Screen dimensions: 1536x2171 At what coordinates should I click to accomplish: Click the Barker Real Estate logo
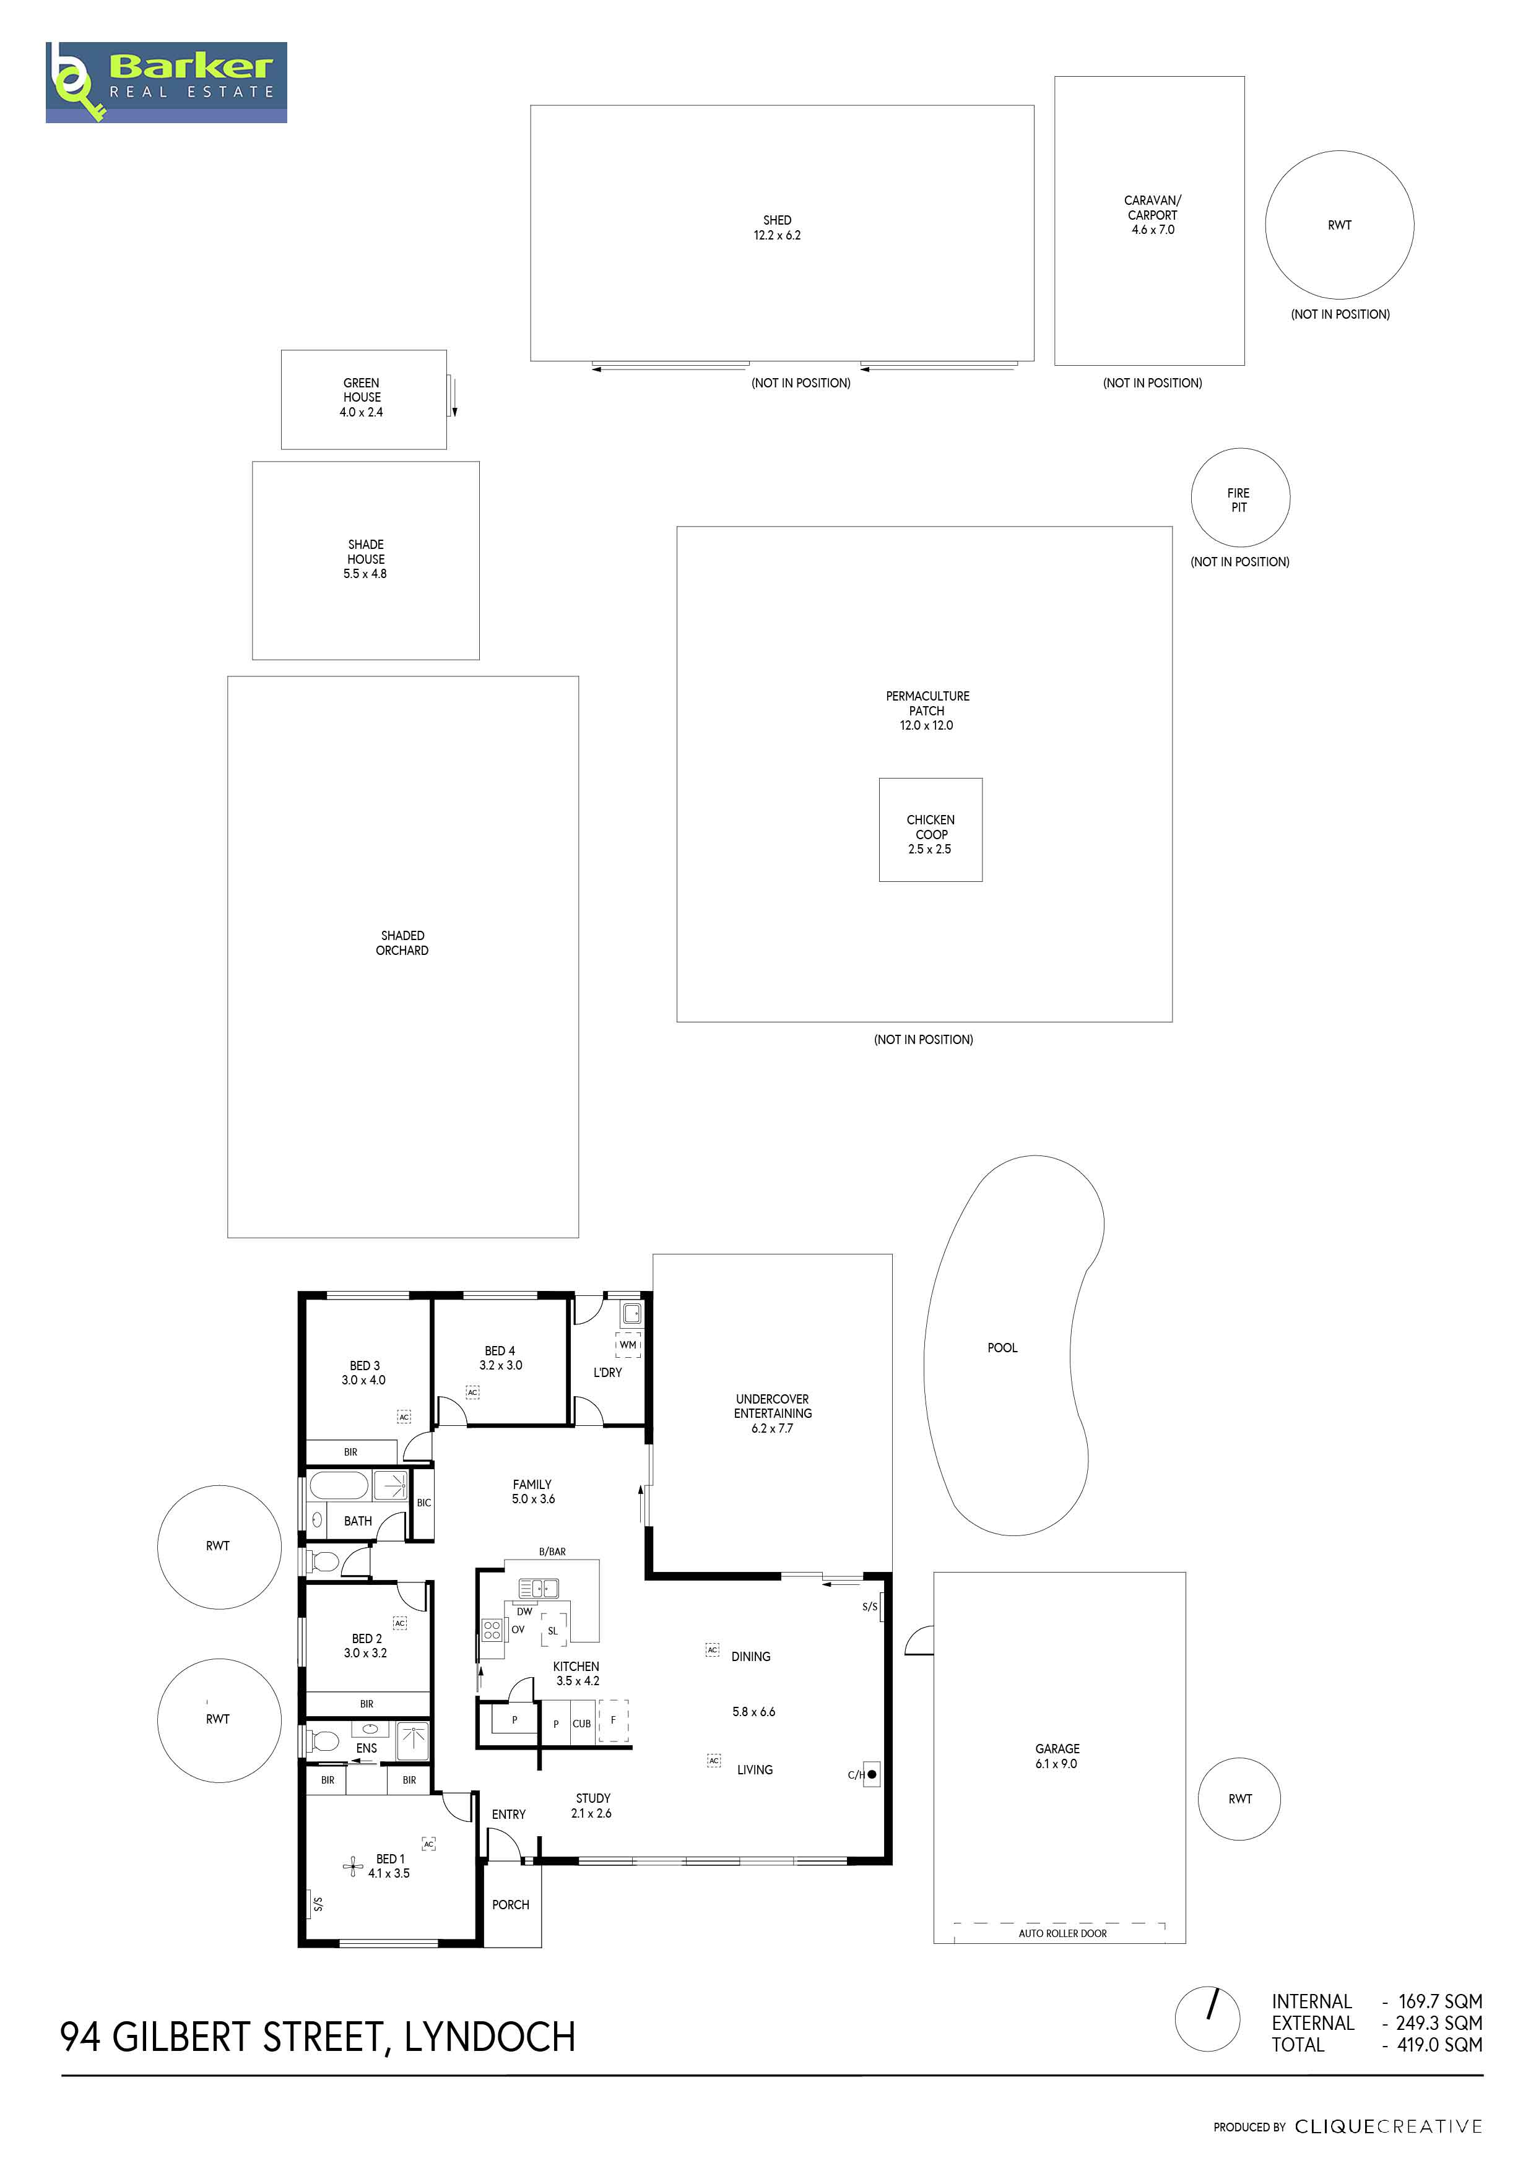click(x=167, y=82)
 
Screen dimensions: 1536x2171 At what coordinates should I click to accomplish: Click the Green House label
click(x=362, y=391)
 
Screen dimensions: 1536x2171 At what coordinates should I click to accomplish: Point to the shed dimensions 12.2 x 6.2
click(x=778, y=235)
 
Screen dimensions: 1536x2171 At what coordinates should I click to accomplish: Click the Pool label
click(x=1002, y=1347)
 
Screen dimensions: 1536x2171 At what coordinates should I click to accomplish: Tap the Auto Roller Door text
click(x=1063, y=1934)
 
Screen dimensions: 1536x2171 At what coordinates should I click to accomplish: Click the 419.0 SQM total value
click(x=1439, y=2044)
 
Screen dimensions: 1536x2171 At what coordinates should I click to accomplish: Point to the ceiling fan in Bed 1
click(x=354, y=1867)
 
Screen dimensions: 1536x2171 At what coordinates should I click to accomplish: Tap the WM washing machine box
click(x=628, y=1345)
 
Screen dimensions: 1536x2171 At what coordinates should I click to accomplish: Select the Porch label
click(x=511, y=1904)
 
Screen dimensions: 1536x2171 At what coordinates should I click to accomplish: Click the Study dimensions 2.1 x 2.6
click(x=591, y=1813)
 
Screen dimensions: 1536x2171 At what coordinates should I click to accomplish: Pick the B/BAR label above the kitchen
click(x=552, y=1552)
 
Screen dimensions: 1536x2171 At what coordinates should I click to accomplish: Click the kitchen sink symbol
click(x=538, y=1589)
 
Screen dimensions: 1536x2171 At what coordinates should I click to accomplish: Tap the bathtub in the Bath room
click(x=339, y=1485)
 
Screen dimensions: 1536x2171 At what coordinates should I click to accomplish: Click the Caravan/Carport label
click(x=1152, y=208)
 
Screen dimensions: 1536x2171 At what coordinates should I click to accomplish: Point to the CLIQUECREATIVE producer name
click(x=1389, y=2126)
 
